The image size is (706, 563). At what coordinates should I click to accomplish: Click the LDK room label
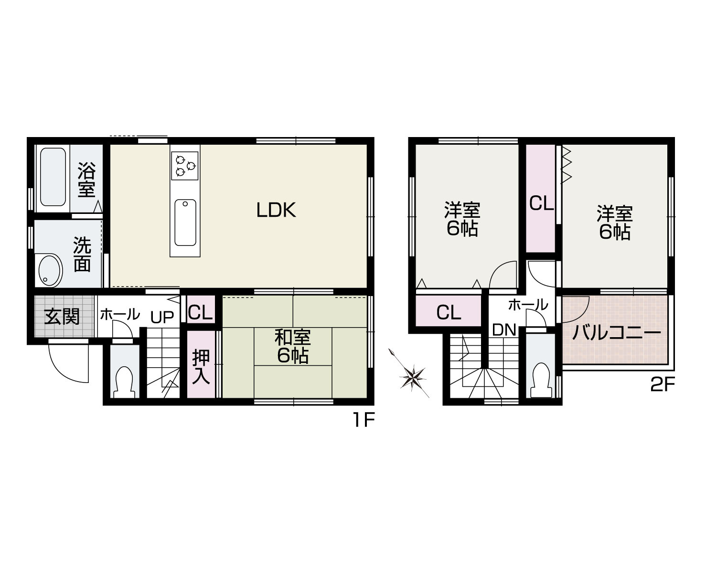(276, 210)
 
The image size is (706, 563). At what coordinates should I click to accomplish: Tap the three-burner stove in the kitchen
(185, 165)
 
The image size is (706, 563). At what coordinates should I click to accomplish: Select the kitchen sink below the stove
(185, 223)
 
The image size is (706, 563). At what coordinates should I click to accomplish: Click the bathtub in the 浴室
(53, 177)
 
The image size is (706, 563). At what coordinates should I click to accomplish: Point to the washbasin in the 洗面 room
(49, 270)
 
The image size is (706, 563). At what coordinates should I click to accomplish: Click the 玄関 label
(62, 316)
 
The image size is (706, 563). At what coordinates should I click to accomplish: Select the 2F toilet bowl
(541, 379)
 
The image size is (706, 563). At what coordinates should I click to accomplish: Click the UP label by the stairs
(162, 318)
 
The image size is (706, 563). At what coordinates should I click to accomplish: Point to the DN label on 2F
(504, 329)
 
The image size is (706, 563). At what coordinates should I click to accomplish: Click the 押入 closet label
(201, 367)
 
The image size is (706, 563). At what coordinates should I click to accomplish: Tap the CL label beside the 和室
(201, 313)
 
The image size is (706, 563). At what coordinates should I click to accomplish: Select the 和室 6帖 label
(292, 346)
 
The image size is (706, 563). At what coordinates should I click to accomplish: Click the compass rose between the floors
(412, 377)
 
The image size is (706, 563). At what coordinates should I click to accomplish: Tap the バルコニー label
(616, 332)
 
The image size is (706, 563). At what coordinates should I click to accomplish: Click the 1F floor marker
(363, 420)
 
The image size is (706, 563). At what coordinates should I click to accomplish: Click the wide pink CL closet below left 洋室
(449, 313)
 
